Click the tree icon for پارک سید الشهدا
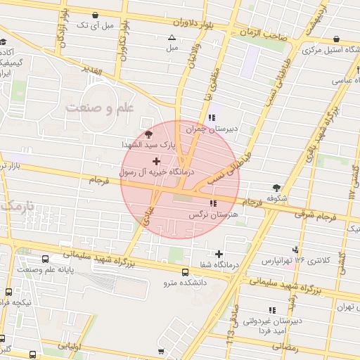[148, 134]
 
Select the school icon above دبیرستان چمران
[212, 118]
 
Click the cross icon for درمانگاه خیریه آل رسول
[155, 162]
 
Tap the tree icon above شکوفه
[276, 188]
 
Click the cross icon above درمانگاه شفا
[219, 254]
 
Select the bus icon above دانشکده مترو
[185, 272]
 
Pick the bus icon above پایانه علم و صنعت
[46, 259]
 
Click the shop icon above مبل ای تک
[94, 15]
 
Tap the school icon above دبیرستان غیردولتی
[271, 309]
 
